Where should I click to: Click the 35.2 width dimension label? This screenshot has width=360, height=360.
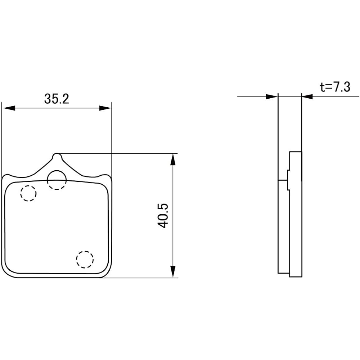coord(57,99)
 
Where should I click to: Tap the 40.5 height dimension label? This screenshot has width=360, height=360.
coord(163,216)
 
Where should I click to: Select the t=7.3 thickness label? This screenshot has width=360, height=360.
coord(335,87)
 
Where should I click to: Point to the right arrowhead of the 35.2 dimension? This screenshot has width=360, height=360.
coord(105,108)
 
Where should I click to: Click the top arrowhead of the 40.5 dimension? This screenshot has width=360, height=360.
coord(173,159)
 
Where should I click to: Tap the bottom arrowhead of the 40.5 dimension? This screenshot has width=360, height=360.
coord(173,271)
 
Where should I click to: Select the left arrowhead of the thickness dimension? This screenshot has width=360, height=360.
coord(271,96)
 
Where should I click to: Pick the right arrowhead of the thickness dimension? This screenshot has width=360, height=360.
coord(307,96)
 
